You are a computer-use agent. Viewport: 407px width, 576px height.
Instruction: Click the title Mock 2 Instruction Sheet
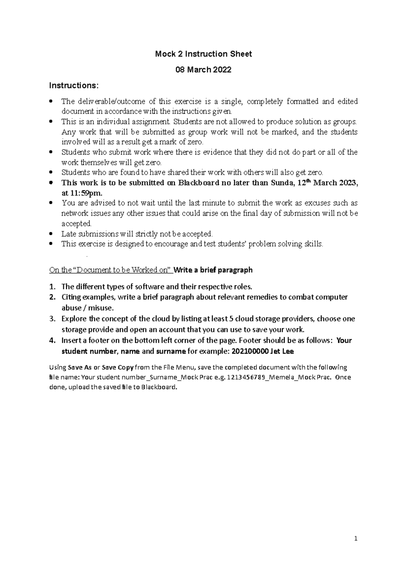[203, 54]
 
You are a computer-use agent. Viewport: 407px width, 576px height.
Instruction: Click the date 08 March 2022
[203, 70]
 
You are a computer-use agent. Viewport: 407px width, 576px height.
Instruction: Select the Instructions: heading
[74, 85]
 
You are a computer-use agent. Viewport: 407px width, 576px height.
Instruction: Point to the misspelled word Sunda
[282, 183]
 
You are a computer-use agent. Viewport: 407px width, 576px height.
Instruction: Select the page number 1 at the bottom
[356, 539]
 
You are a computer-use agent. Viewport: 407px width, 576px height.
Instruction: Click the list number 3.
[52, 319]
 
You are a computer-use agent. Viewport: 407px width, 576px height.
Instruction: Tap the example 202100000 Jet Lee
[263, 351]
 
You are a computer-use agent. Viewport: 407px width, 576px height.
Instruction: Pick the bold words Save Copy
[118, 367]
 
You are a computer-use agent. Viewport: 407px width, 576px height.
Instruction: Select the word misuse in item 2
[101, 308]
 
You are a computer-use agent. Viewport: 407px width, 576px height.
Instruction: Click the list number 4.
[52, 341]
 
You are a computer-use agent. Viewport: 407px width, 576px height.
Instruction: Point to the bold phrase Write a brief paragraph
[213, 270]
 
